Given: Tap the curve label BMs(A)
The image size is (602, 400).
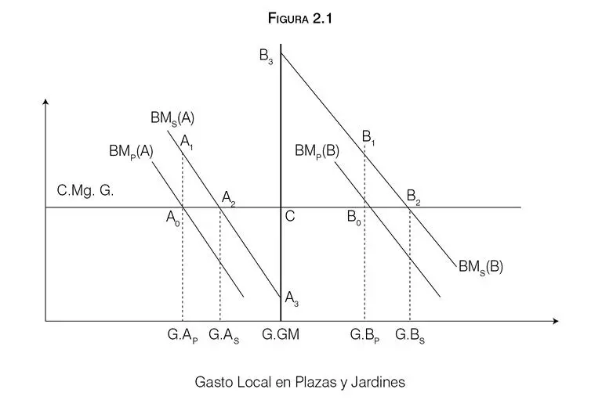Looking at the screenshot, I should click(172, 119).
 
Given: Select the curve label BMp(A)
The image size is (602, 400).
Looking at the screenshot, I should click(131, 150).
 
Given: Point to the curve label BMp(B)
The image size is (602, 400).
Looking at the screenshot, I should click(317, 150).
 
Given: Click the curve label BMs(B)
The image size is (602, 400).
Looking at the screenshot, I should click(481, 265).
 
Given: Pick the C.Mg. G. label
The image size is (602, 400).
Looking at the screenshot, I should click(85, 190).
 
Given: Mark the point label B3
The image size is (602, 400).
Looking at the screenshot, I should click(266, 56).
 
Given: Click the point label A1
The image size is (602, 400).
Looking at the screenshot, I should click(187, 142).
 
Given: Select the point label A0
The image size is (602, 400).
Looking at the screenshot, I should click(173, 219).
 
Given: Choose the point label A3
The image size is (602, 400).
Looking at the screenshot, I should click(292, 297).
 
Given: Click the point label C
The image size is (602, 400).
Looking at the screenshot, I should click(290, 218).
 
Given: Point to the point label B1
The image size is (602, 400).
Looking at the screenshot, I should click(369, 137).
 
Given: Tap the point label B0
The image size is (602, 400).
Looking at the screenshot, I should click(354, 219).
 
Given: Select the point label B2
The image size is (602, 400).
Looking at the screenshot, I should click(413, 197).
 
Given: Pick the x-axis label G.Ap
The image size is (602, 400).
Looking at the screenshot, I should click(183, 336).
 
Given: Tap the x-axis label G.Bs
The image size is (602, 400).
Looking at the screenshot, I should click(411, 336).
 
